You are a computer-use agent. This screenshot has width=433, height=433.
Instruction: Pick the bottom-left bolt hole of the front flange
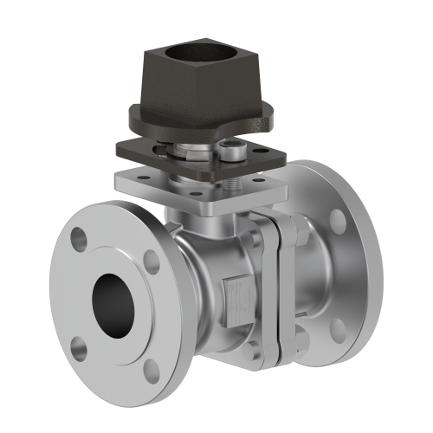point(79,349)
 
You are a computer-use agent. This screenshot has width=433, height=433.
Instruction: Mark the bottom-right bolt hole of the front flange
point(152,370)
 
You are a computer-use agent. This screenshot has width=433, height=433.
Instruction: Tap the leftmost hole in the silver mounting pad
point(127,178)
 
